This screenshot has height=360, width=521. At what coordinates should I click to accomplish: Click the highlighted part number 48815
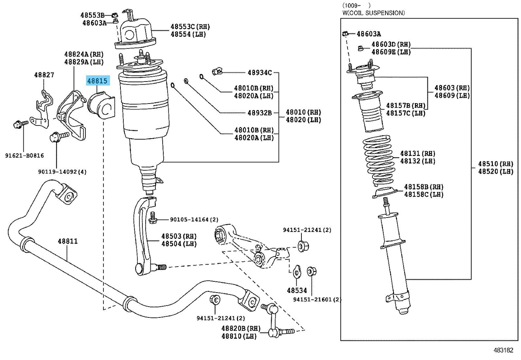(97, 81)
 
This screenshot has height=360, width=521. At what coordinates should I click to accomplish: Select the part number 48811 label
(68, 241)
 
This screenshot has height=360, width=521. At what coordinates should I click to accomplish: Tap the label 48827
(44, 75)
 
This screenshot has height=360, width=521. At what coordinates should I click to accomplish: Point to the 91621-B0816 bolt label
(25, 155)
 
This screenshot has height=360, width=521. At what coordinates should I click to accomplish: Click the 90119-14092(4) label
(62, 172)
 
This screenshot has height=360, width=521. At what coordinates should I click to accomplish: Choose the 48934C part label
(260, 73)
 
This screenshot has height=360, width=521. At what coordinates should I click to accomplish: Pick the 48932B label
(260, 113)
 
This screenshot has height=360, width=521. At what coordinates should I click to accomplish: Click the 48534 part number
(297, 290)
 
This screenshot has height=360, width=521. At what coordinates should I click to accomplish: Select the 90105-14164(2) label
(194, 219)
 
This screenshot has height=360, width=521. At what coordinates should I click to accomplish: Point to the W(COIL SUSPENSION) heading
(374, 13)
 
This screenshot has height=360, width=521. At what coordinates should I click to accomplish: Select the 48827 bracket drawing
(43, 108)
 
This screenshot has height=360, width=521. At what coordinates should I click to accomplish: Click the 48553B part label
(92, 15)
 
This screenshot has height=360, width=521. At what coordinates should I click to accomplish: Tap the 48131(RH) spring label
(418, 154)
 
